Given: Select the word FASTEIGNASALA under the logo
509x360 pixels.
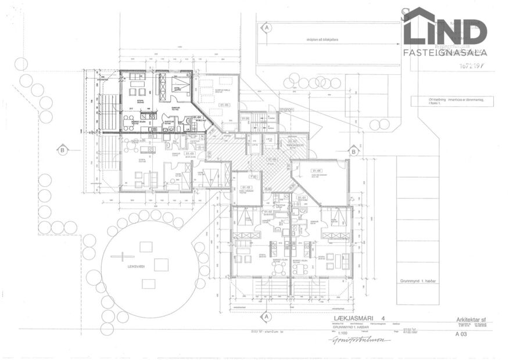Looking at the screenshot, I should tap(445, 52).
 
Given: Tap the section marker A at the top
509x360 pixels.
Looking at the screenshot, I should tap(267, 27).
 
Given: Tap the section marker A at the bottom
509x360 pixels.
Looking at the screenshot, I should tap(267, 317).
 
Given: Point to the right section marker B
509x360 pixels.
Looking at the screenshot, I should tap(353, 151).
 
